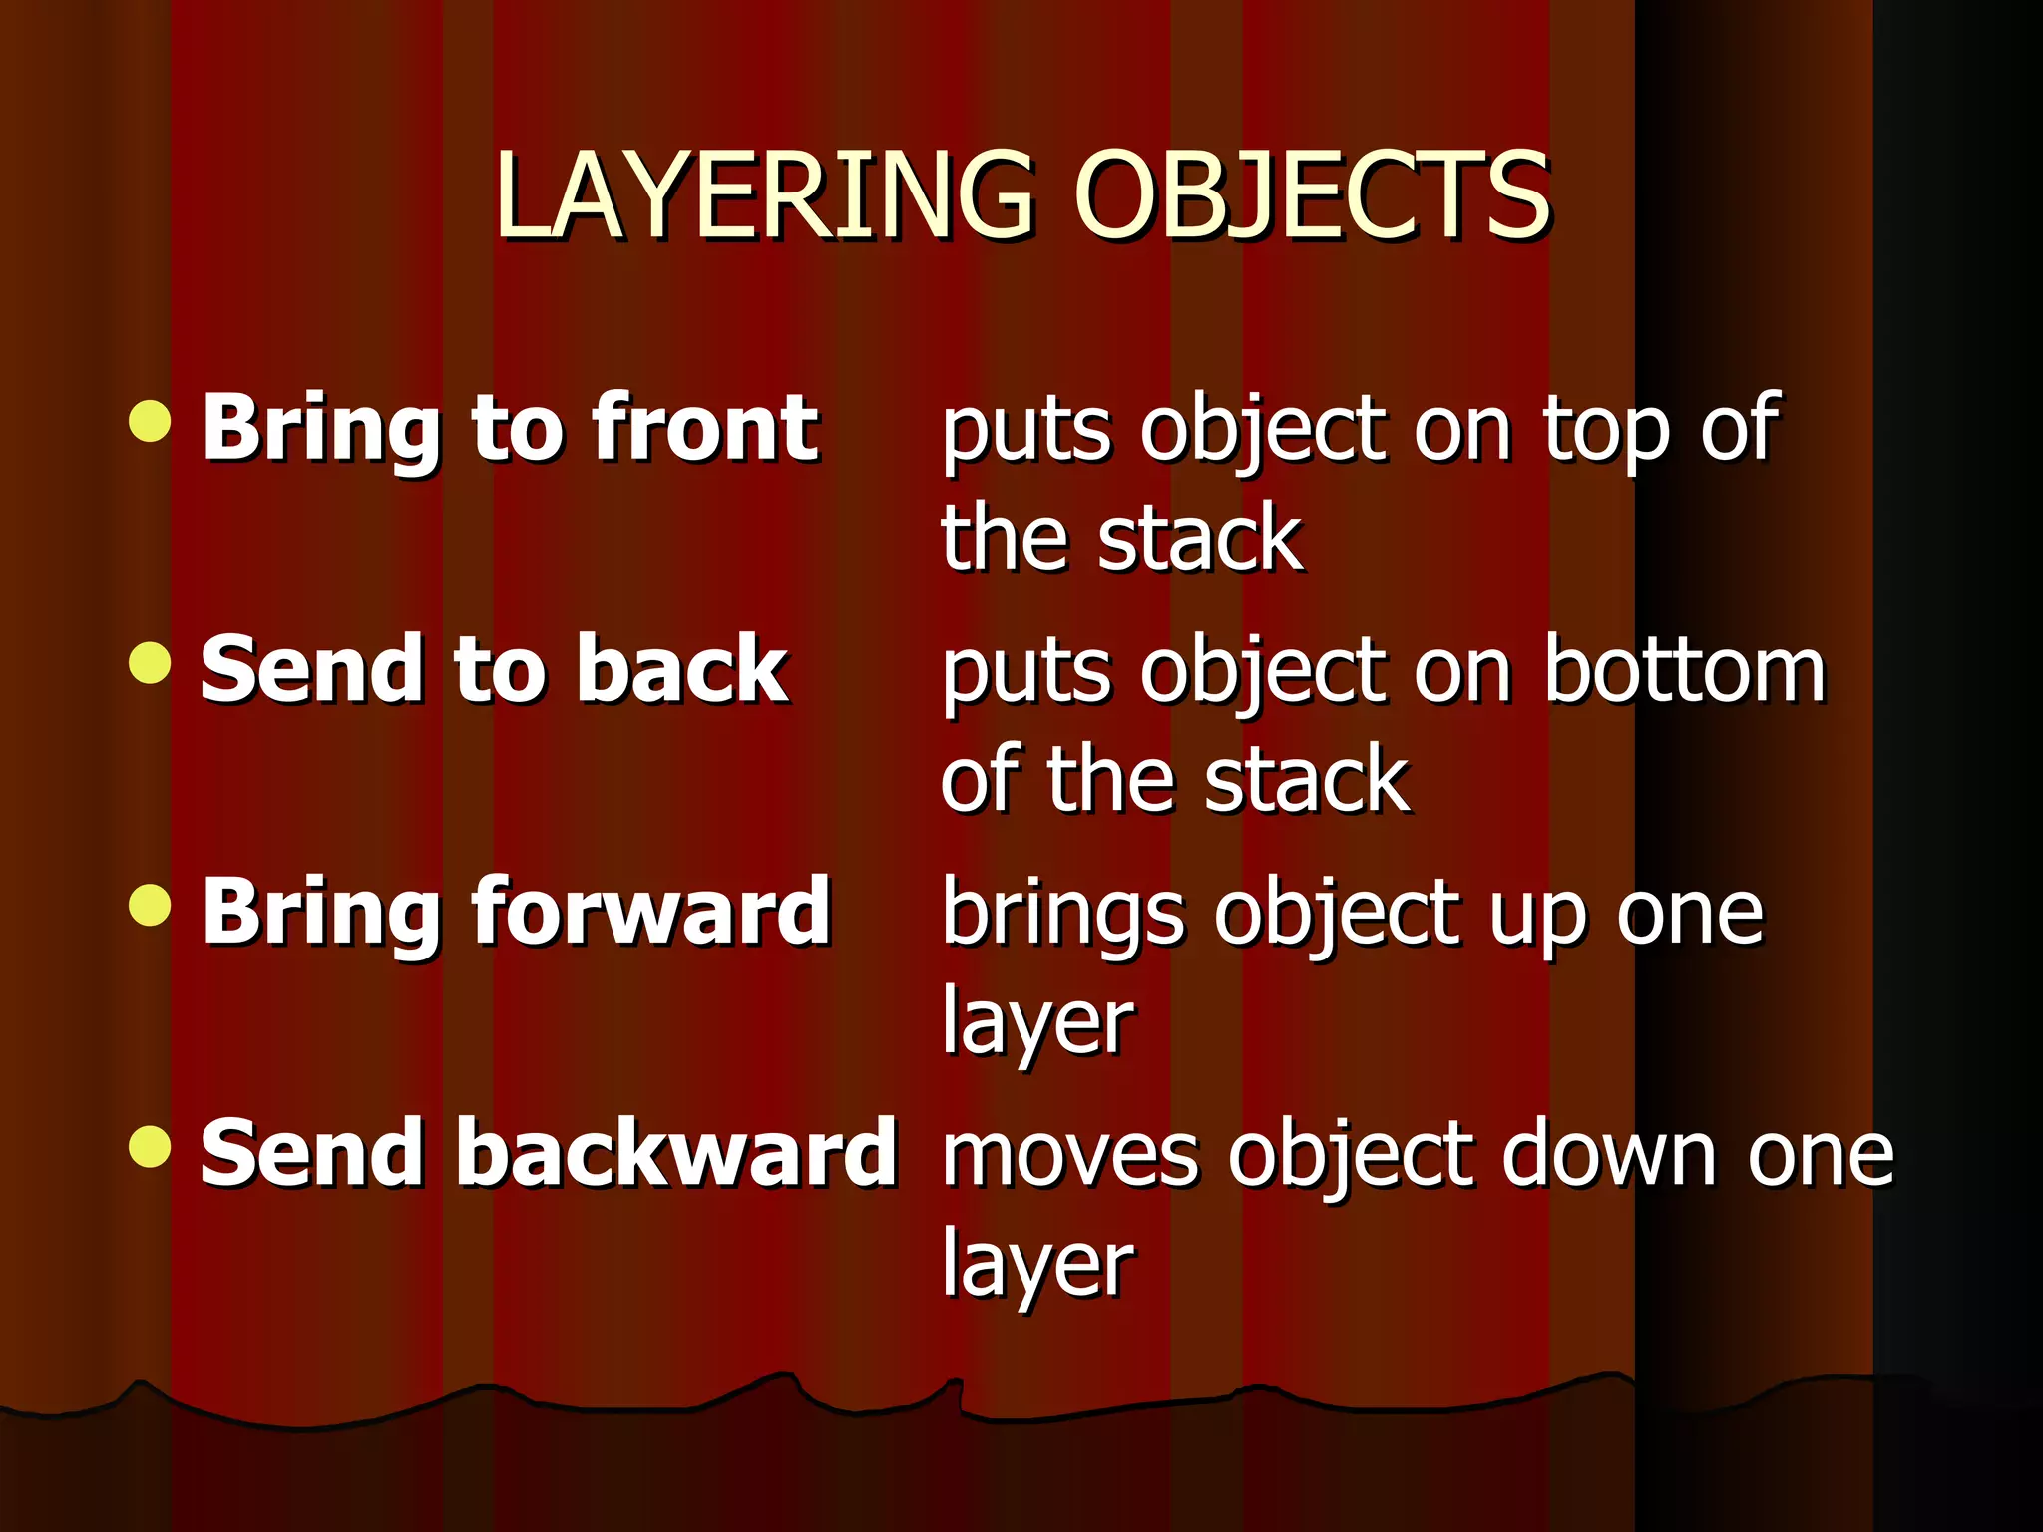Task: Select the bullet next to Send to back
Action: click(x=151, y=662)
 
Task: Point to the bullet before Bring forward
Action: click(x=151, y=905)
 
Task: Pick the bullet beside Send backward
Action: click(x=151, y=1146)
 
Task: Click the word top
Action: click(x=1605, y=431)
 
